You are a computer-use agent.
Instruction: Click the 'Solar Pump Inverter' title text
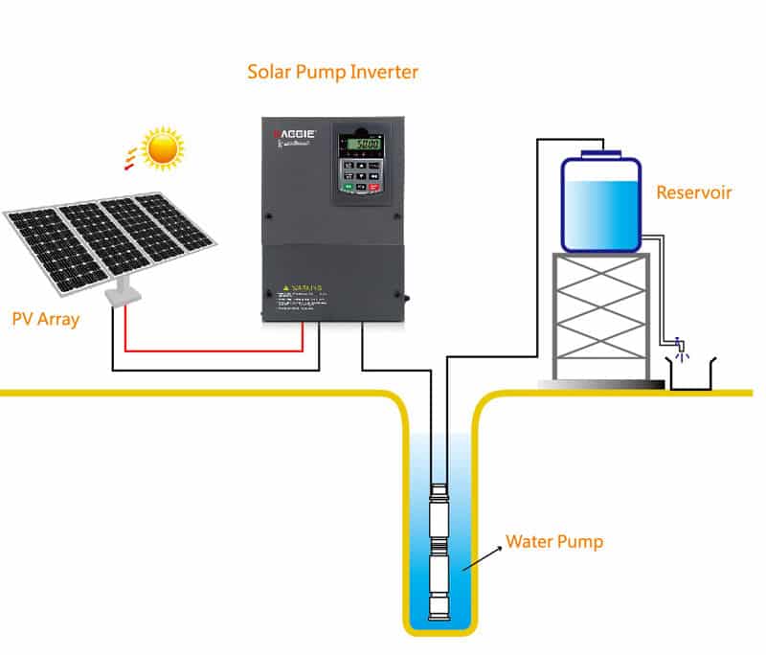point(332,72)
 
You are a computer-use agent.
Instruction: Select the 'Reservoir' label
point(693,192)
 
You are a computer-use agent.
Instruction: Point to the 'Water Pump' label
point(554,542)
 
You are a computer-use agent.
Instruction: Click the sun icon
point(162,148)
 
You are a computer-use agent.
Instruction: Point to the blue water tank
point(600,204)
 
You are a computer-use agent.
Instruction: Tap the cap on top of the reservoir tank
point(600,149)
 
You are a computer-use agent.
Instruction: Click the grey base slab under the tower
point(601,383)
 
